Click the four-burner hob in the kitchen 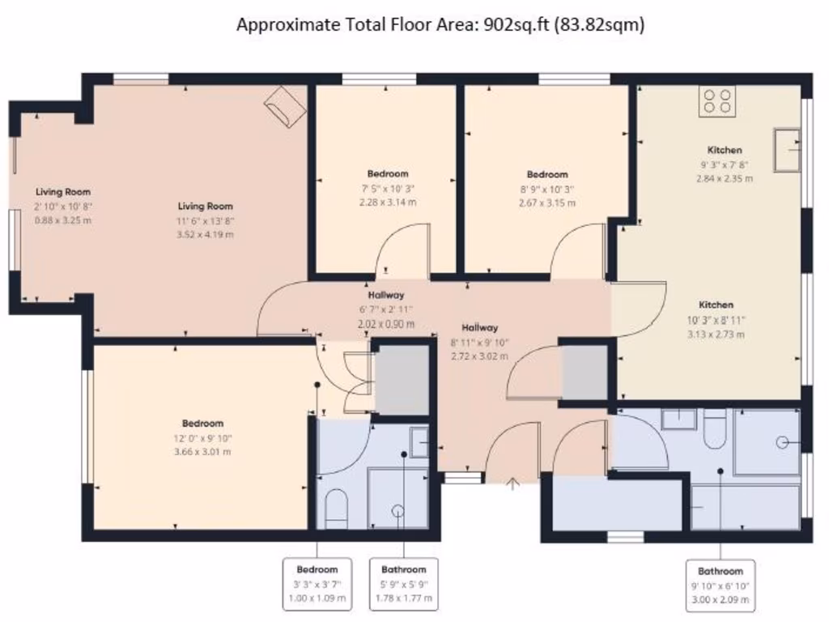pyautogui.click(x=718, y=101)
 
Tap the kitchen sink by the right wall pyautogui.click(x=786, y=150)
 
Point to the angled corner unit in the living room pyautogui.click(x=286, y=106)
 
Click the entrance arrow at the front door pyautogui.click(x=512, y=484)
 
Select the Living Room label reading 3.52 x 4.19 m pyautogui.click(x=206, y=220)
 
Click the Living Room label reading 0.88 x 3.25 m pyautogui.click(x=63, y=206)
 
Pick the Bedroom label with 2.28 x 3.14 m pyautogui.click(x=388, y=188)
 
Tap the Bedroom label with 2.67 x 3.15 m pyautogui.click(x=547, y=188)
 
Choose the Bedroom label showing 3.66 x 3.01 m pyautogui.click(x=202, y=437)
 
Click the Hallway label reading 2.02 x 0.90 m pyautogui.click(x=386, y=309)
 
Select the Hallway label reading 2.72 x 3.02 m pyautogui.click(x=479, y=342)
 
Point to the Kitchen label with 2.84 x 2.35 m pyautogui.click(x=725, y=164)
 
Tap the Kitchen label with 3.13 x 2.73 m pyautogui.click(x=716, y=319)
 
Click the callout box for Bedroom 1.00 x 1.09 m pyautogui.click(x=317, y=584)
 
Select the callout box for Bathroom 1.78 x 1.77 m pyautogui.click(x=404, y=584)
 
